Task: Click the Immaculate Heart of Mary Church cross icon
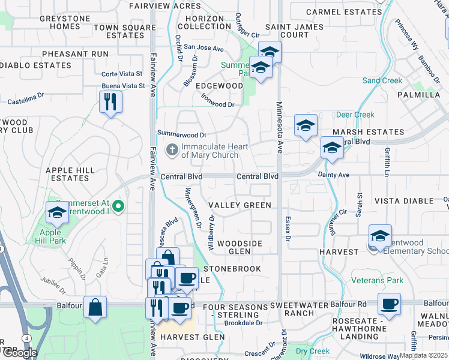[172, 150]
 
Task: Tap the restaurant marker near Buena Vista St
[110, 101]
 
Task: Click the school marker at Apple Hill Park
[58, 212]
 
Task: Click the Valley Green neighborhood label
[240, 205]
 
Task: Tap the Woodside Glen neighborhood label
[240, 247]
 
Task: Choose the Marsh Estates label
[369, 132]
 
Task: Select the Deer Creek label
[355, 115]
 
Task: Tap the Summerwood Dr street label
[181, 134]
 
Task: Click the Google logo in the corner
[20, 353]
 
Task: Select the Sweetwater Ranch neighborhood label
[300, 309]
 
